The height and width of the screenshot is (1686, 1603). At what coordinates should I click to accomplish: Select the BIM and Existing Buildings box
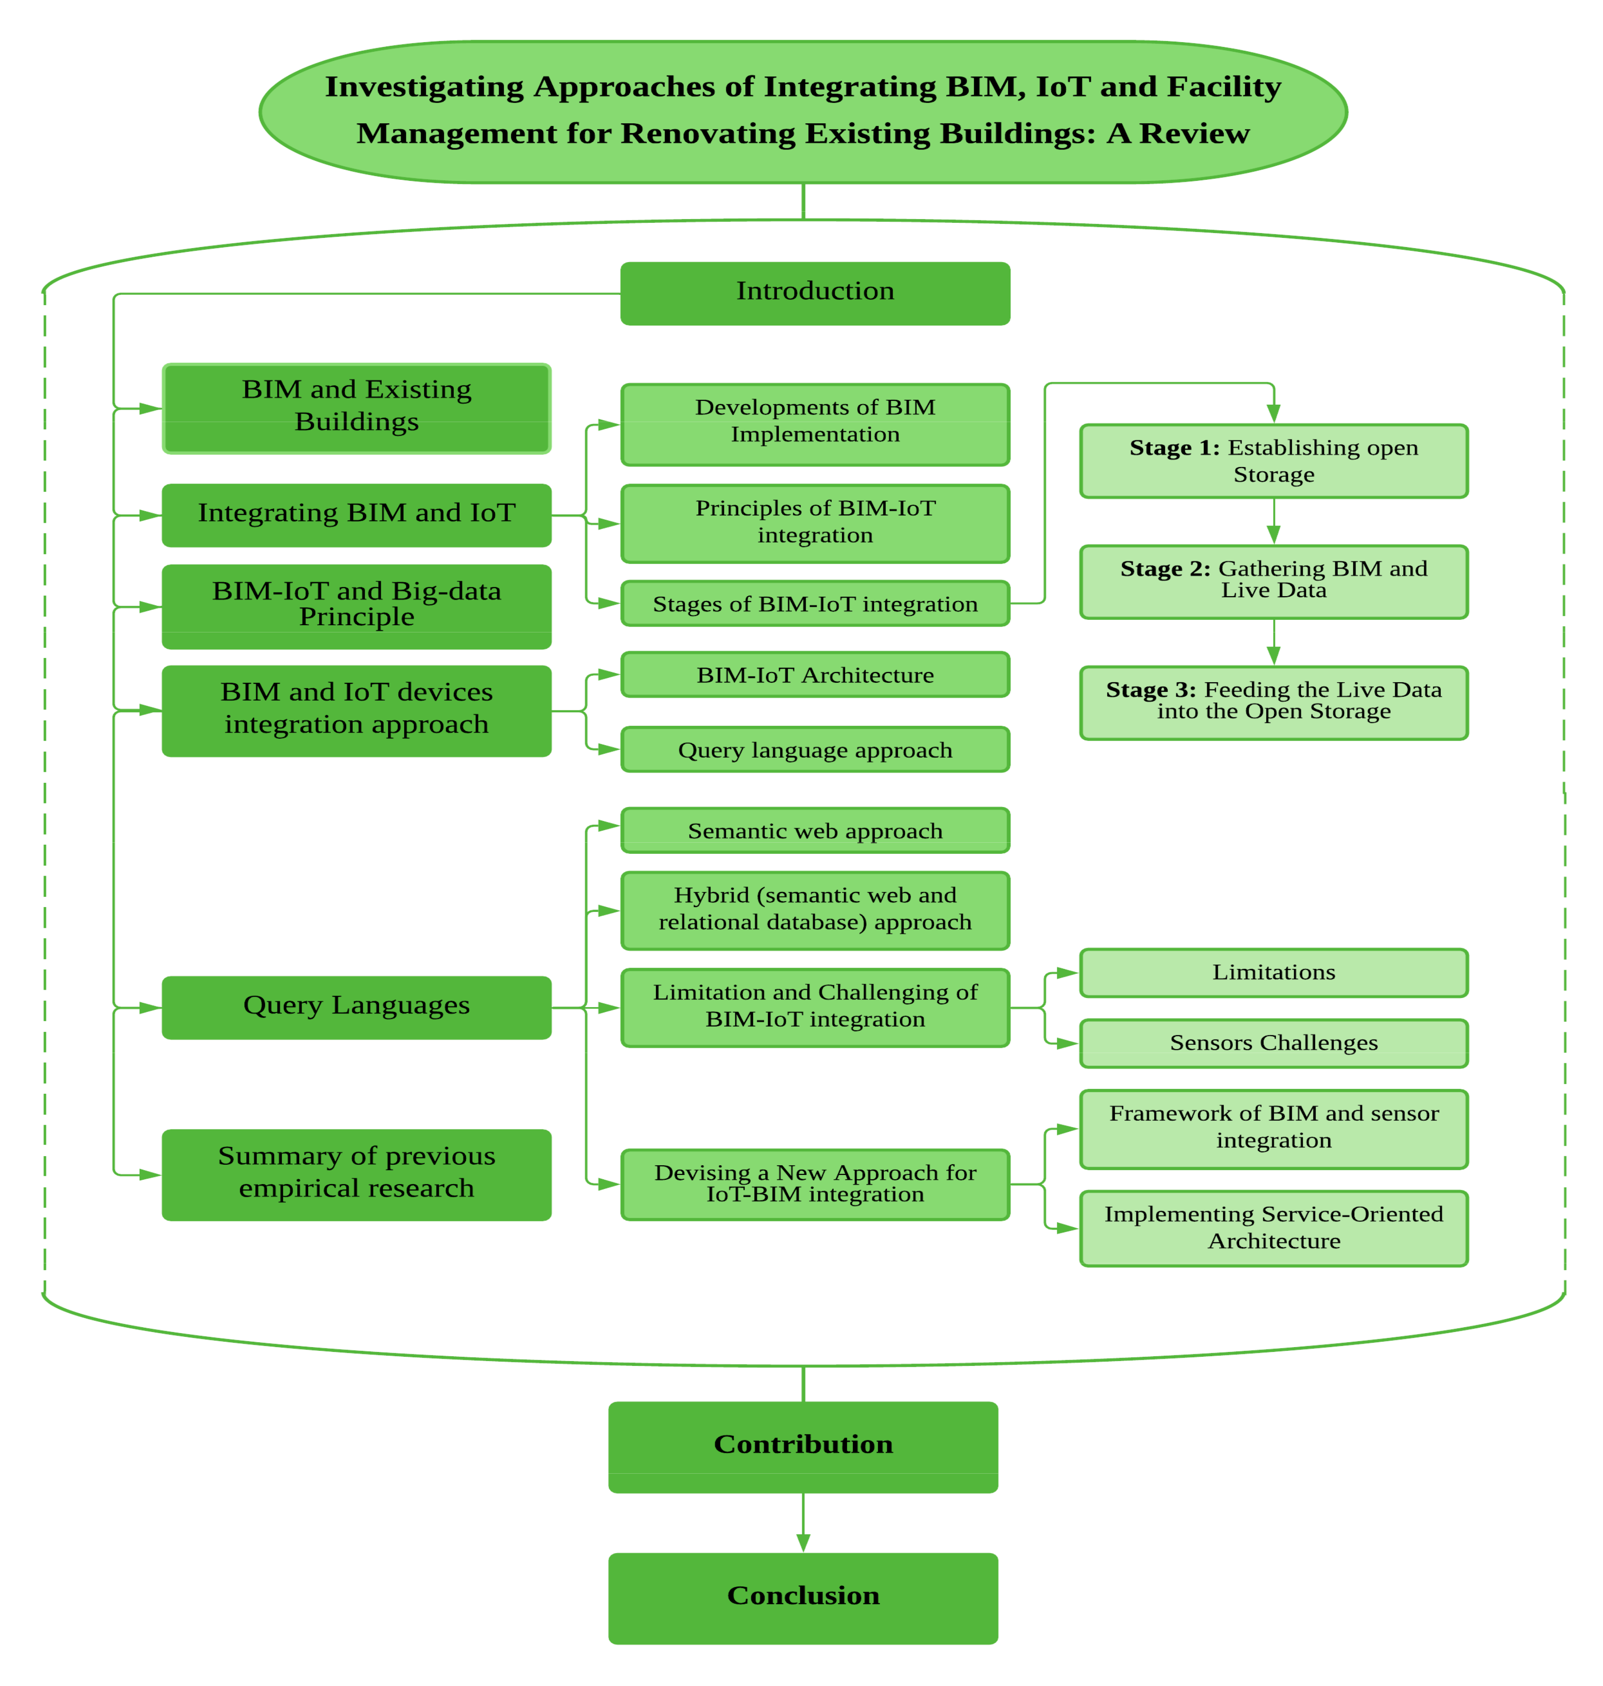coord(356,408)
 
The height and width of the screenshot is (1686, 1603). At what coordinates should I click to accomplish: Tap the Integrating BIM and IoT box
coord(356,514)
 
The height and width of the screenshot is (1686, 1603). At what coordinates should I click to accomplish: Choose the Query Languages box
coord(356,1007)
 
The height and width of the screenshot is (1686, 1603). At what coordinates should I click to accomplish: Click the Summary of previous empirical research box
coord(356,1174)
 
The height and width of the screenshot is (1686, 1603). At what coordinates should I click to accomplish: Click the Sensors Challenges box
coord(1273,1043)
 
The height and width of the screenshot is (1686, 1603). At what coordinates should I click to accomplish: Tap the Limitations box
coord(1273,972)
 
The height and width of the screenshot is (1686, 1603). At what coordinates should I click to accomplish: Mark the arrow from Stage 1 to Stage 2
coord(1273,522)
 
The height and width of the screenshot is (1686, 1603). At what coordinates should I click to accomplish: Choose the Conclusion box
coord(803,1597)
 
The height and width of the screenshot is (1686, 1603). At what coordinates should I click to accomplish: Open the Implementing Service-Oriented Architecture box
coord(1273,1228)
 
